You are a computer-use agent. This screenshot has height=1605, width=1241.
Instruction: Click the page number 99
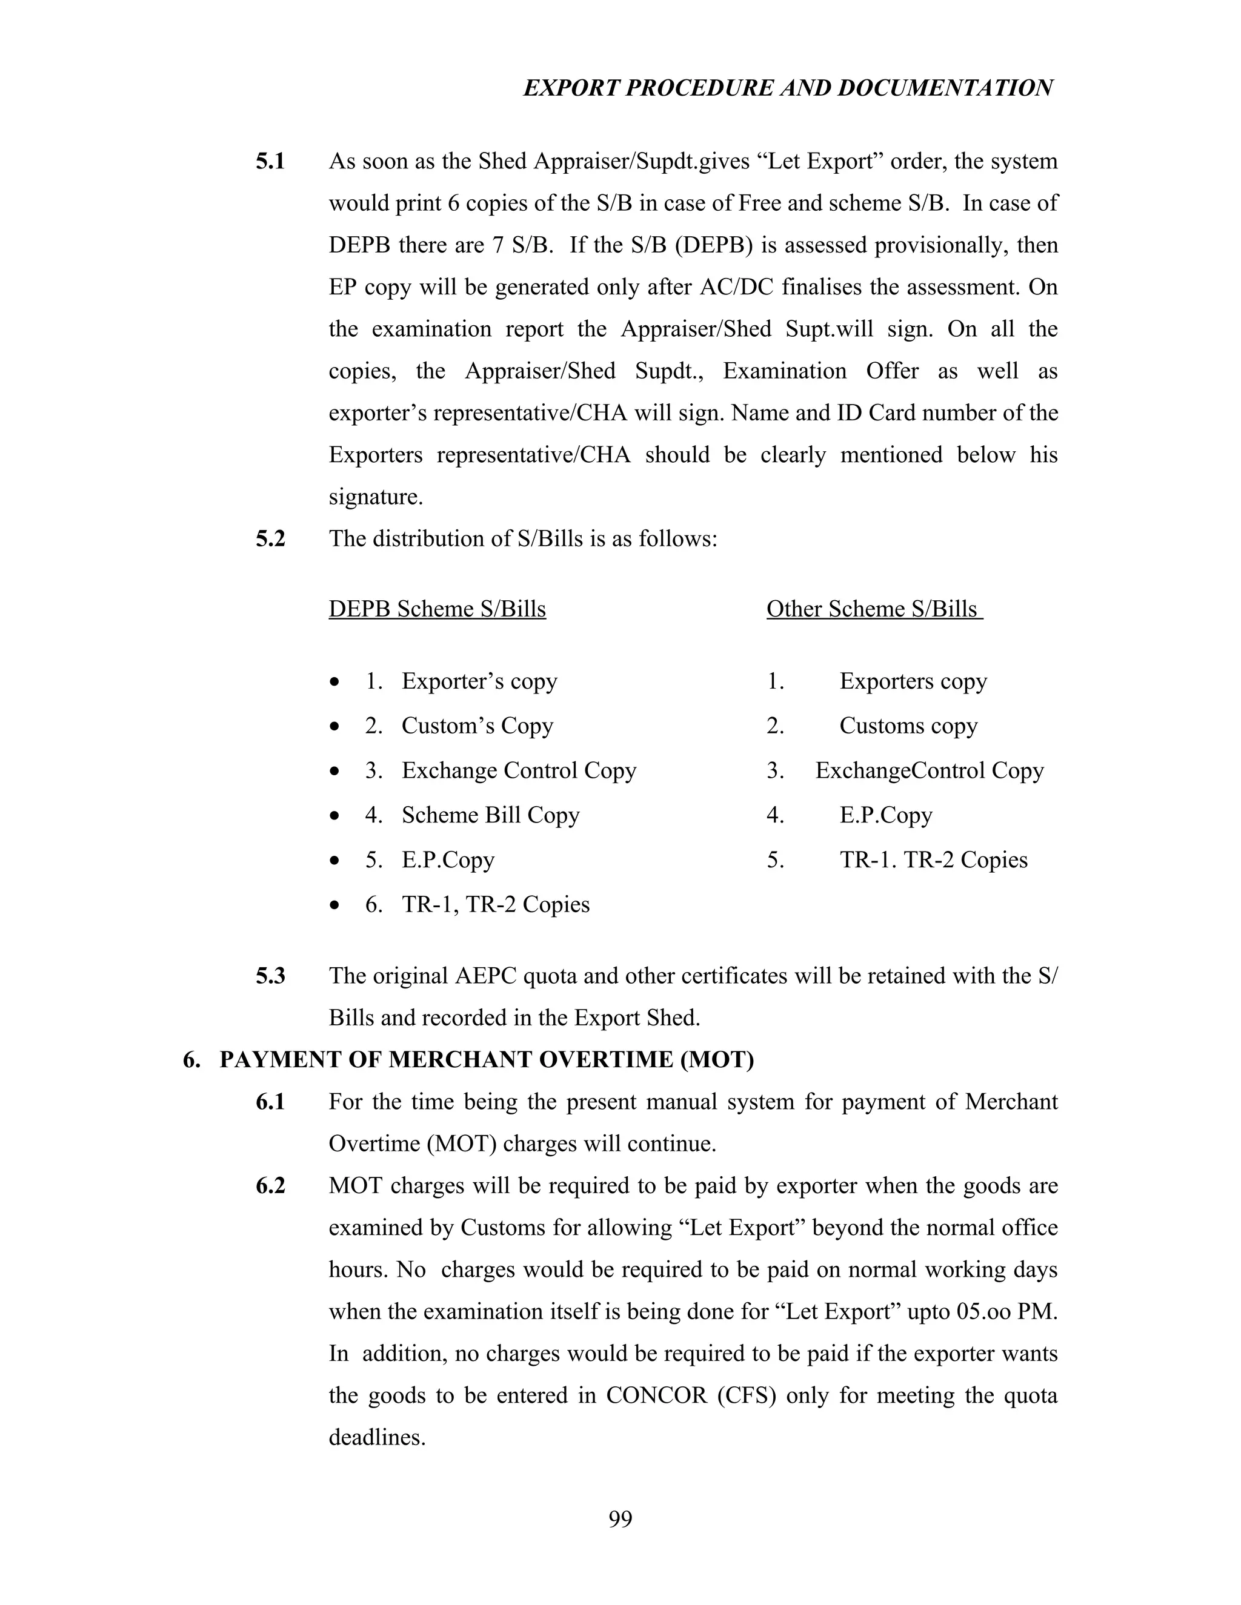[620, 1519]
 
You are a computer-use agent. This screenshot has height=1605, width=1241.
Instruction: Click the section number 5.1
[270, 161]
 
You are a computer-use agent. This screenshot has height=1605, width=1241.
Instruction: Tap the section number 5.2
[270, 538]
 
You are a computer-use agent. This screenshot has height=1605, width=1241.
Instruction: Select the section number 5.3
[270, 976]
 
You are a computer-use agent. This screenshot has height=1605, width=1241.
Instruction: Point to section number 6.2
[270, 1186]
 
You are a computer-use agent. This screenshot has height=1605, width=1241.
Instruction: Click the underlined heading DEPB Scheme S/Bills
[437, 609]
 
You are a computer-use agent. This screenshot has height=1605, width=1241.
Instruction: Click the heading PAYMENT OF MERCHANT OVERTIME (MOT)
[486, 1060]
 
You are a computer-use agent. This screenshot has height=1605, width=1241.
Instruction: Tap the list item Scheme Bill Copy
[490, 815]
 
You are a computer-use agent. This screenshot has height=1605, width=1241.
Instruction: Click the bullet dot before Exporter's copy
[335, 683]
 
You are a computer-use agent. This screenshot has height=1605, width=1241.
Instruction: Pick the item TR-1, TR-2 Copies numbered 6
[496, 905]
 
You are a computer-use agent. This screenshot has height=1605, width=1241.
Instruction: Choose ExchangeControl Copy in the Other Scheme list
[930, 771]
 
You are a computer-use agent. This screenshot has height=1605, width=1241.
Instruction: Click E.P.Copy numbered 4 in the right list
[886, 815]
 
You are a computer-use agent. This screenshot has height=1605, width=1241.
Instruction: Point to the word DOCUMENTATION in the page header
[945, 88]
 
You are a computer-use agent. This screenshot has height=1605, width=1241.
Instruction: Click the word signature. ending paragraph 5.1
[376, 497]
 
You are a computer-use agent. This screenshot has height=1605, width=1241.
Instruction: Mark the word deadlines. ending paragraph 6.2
[376, 1437]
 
